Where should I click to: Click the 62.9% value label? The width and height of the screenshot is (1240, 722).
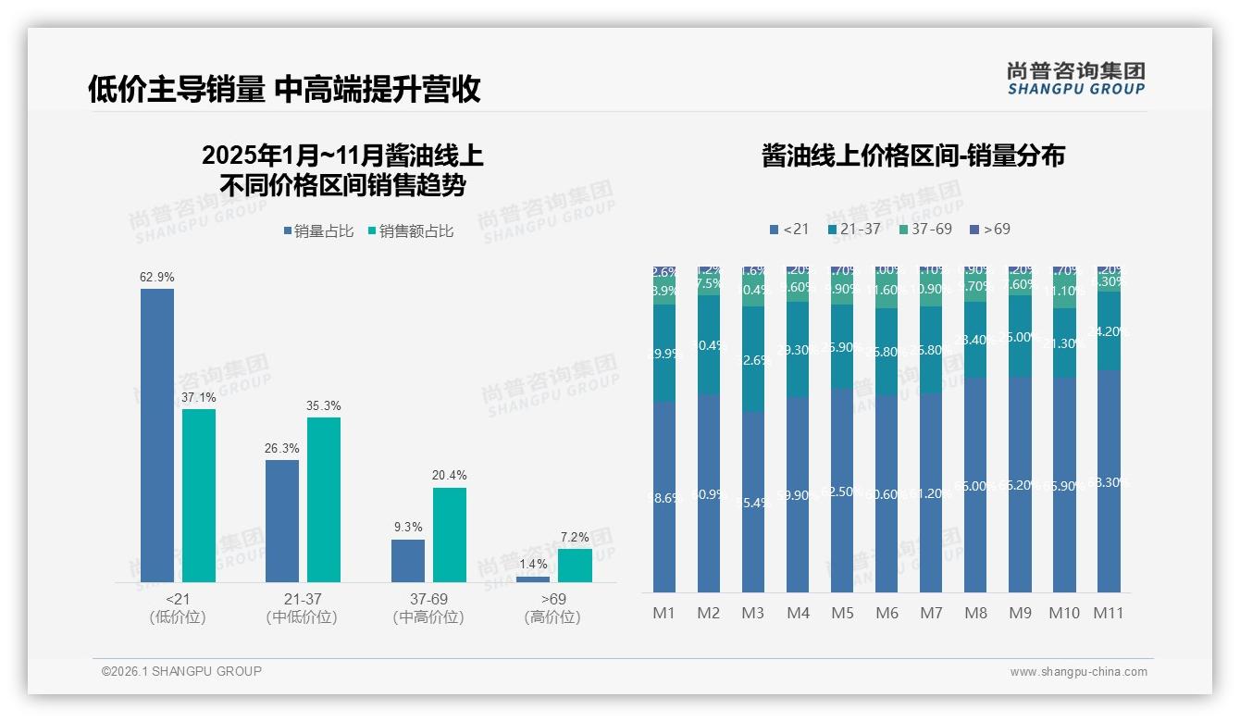click(x=157, y=277)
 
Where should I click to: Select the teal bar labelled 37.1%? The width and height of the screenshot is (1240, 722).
click(x=199, y=495)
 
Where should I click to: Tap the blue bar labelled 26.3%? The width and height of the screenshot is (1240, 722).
click(x=282, y=520)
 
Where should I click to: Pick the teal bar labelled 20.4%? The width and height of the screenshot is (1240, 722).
click(x=449, y=534)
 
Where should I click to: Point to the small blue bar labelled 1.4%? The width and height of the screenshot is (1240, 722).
click(x=533, y=579)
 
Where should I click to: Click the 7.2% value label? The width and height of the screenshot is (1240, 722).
click(x=575, y=538)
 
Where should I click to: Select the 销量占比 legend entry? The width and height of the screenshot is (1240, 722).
click(x=318, y=231)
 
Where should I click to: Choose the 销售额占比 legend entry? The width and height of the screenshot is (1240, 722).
click(x=411, y=231)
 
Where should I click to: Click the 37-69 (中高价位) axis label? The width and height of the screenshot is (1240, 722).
click(x=428, y=608)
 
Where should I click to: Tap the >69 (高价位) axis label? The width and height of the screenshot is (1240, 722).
click(x=553, y=608)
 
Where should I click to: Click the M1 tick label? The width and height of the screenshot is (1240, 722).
click(x=663, y=613)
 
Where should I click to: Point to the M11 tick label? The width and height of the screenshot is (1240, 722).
click(x=1108, y=613)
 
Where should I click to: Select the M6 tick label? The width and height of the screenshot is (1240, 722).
click(x=887, y=613)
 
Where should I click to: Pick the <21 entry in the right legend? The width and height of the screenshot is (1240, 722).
click(x=789, y=229)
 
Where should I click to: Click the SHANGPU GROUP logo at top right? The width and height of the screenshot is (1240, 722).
click(x=1075, y=79)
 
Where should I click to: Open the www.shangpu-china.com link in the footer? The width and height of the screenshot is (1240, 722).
click(x=1078, y=672)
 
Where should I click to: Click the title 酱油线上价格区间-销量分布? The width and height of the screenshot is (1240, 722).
click(x=912, y=156)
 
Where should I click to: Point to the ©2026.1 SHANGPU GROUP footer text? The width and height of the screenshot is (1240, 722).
click(x=181, y=671)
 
